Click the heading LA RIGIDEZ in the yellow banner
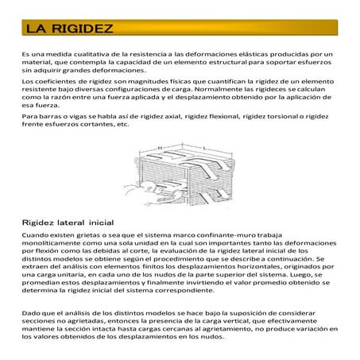pos(68,29)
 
